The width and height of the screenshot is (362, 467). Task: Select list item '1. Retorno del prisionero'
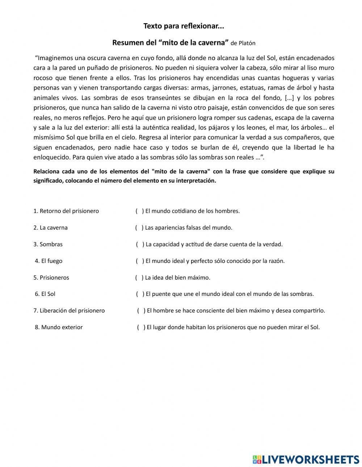tap(66, 211)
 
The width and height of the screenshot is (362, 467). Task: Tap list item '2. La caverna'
tap(50, 228)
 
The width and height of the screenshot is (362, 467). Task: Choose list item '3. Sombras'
tap(48, 244)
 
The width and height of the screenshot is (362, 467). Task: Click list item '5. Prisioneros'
tap(51, 277)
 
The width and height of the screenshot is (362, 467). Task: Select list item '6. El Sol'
tap(45, 294)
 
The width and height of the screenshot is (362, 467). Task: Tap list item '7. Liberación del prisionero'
tap(69, 310)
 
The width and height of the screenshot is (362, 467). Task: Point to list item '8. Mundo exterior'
tap(59, 327)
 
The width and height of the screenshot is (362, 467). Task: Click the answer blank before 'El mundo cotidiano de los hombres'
tap(140, 211)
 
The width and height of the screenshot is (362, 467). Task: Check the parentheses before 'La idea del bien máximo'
tap(139, 277)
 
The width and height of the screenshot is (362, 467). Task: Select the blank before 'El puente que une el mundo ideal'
tap(140, 294)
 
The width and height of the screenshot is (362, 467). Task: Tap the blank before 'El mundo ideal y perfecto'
tap(140, 261)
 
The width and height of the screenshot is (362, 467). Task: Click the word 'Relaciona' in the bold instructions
tap(46, 171)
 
